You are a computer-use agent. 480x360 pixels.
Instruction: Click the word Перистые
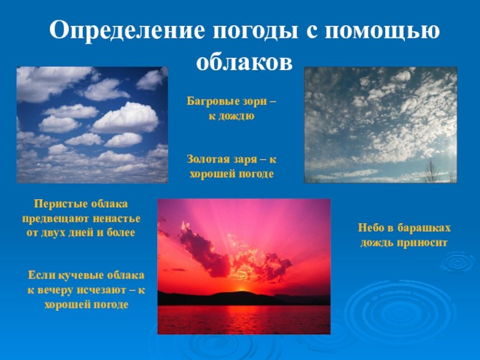tap(55, 204)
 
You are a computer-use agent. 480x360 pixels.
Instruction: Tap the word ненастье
tap(116, 219)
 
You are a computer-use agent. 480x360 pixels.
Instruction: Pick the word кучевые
tap(81, 275)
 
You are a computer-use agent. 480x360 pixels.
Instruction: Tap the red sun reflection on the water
tap(242, 319)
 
